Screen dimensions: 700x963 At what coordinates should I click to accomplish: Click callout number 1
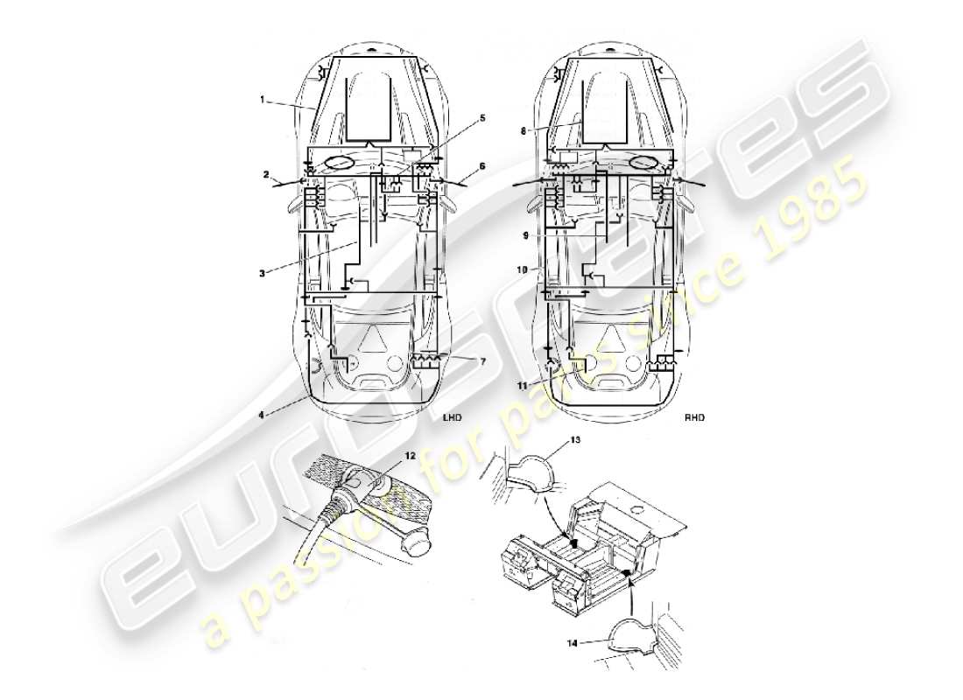pyautogui.click(x=262, y=100)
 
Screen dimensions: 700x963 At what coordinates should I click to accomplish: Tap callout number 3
pyautogui.click(x=262, y=273)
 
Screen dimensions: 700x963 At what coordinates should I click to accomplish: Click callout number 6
pyautogui.click(x=481, y=165)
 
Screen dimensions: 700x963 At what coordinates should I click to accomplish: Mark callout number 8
pyautogui.click(x=524, y=131)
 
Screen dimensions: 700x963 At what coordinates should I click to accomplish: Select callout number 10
pyautogui.click(x=522, y=270)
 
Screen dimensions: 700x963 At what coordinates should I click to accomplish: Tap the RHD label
pyautogui.click(x=694, y=418)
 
